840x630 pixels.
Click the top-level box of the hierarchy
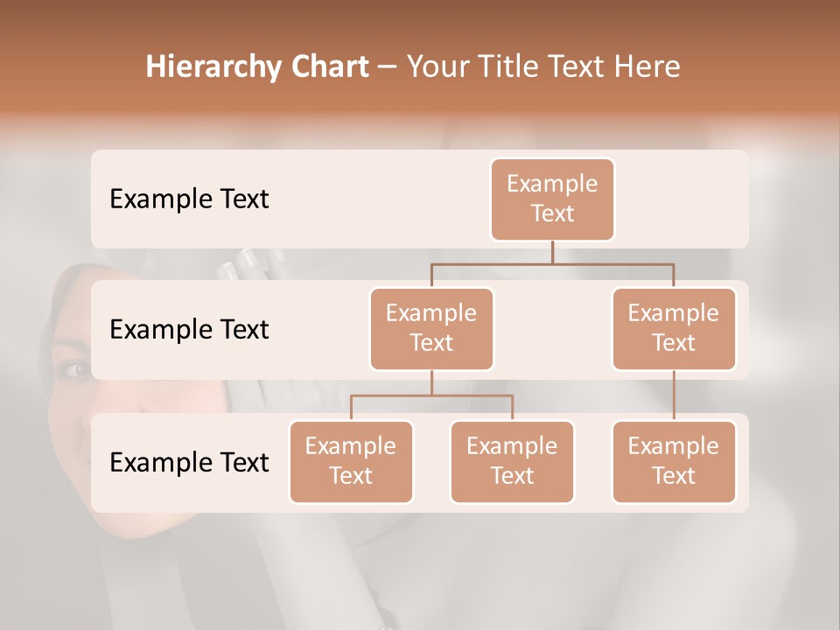click(x=552, y=199)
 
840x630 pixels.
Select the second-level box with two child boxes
click(x=431, y=328)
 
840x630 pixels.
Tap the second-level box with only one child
click(x=674, y=328)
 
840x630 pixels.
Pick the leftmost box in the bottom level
click(x=351, y=461)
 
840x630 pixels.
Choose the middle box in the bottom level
click(x=512, y=461)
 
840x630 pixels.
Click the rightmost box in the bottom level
click(x=674, y=461)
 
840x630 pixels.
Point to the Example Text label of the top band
click(x=189, y=199)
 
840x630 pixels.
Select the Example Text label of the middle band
click(x=189, y=330)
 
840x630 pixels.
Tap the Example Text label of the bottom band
click(x=189, y=462)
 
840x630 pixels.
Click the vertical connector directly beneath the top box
click(x=552, y=252)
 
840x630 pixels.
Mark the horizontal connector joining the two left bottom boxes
click(x=431, y=395)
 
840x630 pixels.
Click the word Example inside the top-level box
click(x=552, y=184)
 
